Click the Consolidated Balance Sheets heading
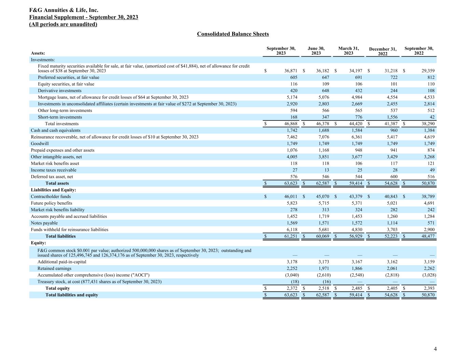click(x=233, y=34)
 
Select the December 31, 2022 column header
click(x=383, y=52)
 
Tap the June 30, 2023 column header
click(x=316, y=51)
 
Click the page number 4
click(x=435, y=349)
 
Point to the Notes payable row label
click(x=44, y=223)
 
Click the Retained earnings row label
click(x=54, y=269)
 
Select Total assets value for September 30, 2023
click(x=291, y=183)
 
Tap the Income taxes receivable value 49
click(x=432, y=170)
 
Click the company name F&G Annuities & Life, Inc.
click(x=64, y=10)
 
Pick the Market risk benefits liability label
click(x=58, y=210)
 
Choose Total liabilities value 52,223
click(x=391, y=236)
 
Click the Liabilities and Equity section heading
click(x=54, y=190)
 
